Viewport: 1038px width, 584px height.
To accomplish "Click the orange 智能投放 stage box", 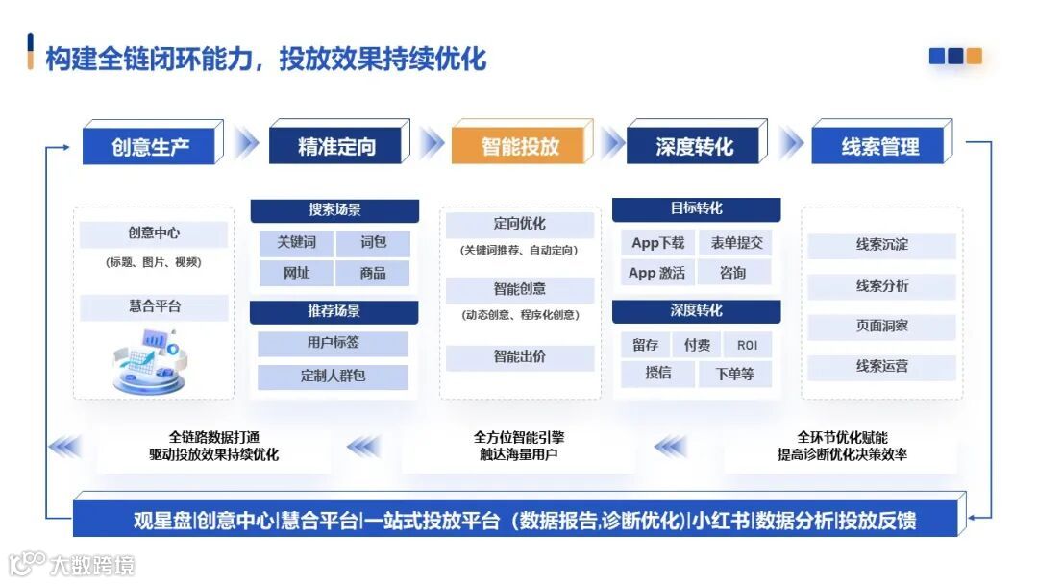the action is [x=520, y=146].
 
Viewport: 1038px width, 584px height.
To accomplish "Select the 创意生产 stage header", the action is [x=150, y=147].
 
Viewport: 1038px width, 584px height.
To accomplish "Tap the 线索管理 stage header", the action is [x=880, y=147].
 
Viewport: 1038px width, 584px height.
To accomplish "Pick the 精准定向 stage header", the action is [x=336, y=147].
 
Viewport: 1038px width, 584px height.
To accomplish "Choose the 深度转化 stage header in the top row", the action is [x=694, y=147].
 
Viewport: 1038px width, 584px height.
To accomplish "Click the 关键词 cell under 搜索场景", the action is [x=296, y=243].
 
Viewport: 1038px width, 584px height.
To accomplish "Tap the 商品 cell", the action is [x=373, y=273].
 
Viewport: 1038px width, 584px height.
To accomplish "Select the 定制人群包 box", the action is [x=333, y=376].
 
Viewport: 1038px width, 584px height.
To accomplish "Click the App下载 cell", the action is [x=657, y=243].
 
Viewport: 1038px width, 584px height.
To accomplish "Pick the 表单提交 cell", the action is [x=736, y=243].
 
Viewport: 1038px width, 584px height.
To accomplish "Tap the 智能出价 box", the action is [x=519, y=356].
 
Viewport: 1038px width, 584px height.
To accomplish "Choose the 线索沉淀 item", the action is [x=881, y=245].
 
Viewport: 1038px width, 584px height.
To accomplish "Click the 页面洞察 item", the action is [x=881, y=326].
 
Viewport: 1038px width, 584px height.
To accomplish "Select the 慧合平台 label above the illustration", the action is [x=154, y=306].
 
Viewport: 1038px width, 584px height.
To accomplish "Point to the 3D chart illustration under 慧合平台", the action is [x=150, y=360].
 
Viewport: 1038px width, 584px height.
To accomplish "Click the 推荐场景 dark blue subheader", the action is [x=334, y=312].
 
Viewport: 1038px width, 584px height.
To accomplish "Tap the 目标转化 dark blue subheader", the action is [x=696, y=208].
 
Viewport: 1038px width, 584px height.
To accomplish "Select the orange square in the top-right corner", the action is [x=974, y=57].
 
